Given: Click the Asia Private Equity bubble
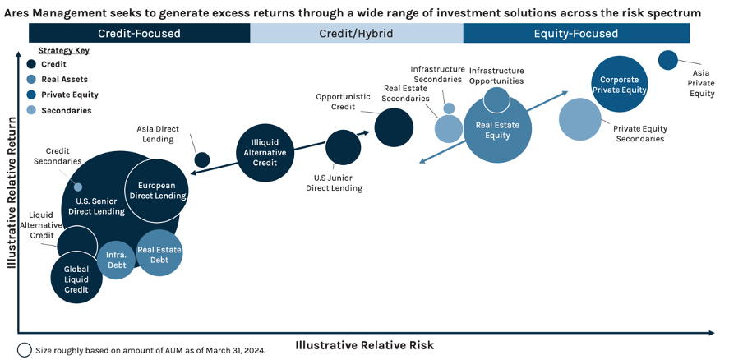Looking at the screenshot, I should pos(668,60).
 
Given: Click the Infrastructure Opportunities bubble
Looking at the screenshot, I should pos(496,99).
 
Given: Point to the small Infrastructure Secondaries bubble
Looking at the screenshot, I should pos(449,108).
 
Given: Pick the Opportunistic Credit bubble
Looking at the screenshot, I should pos(394,127).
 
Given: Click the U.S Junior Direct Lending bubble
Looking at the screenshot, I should pos(343,148).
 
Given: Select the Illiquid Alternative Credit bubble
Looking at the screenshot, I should pos(265,152).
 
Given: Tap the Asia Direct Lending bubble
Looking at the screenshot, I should pos(201,159).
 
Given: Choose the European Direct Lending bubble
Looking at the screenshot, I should pos(158,191).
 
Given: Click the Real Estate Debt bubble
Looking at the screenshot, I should pos(159,254).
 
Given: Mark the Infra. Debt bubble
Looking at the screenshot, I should pos(116,261).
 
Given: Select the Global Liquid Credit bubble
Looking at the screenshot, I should pos(76,279).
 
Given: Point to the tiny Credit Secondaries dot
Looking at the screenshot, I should pos(78,187).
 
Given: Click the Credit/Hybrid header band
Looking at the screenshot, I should pos(356,34).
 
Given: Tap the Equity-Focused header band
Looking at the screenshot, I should pos(575,34).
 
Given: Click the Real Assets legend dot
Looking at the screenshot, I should pos(31,80).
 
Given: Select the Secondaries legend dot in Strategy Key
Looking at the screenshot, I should pos(31,110).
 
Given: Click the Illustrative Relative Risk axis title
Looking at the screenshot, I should pos(364,344).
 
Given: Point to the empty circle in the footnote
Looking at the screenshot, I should pos(25,349).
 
